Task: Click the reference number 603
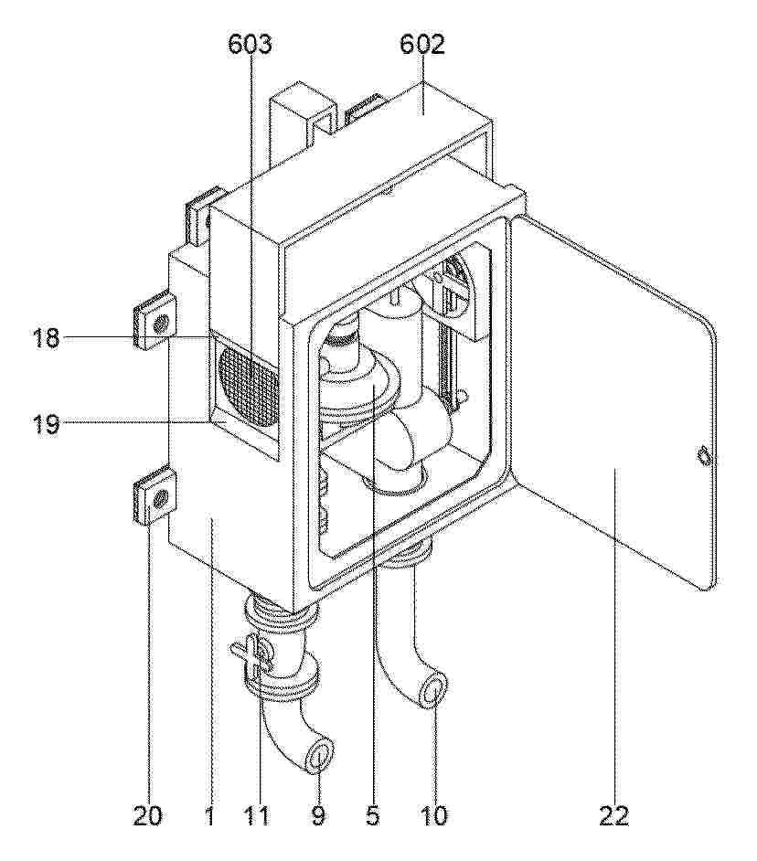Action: point(250,45)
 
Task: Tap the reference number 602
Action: point(421,45)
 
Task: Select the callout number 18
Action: point(45,337)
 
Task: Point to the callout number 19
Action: point(45,424)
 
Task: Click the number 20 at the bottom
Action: point(148,815)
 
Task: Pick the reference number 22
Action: point(613,815)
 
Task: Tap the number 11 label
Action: point(258,815)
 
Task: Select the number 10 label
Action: point(433,815)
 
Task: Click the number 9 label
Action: point(318,815)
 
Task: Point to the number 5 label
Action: point(372,815)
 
